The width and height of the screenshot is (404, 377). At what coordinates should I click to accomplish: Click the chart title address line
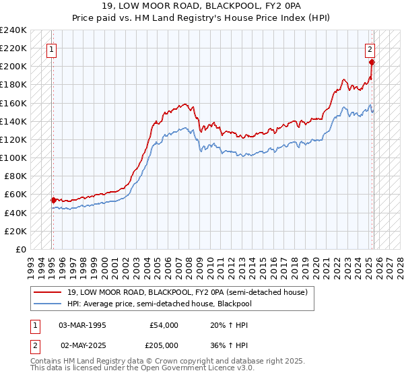point(202,5)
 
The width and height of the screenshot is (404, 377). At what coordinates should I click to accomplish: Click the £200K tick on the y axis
point(13,67)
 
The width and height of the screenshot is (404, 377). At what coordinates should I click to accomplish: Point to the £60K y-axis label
point(15,195)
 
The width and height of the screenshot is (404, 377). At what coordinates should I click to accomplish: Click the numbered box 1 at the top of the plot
point(52,48)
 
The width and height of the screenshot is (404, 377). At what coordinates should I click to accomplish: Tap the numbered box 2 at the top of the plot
point(370,48)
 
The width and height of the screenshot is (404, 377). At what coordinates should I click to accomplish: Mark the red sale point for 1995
point(53,199)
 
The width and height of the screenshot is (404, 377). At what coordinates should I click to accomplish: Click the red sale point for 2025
point(372,62)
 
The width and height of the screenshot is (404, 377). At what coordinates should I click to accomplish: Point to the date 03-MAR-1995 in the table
point(84,325)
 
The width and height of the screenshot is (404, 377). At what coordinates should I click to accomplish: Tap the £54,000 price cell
point(164,325)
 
